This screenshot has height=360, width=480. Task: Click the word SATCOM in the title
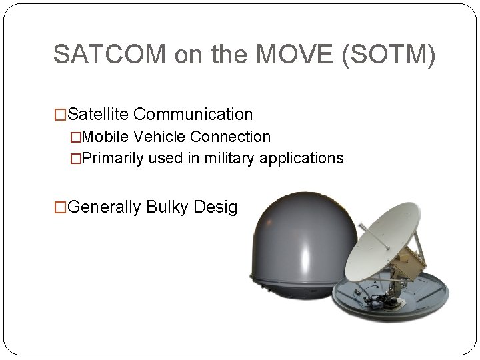click(x=111, y=55)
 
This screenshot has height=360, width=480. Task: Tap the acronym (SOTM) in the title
click(x=388, y=55)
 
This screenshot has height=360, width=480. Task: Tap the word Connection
click(x=230, y=137)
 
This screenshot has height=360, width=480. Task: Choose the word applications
click(x=303, y=158)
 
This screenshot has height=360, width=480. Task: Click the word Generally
click(x=105, y=207)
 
